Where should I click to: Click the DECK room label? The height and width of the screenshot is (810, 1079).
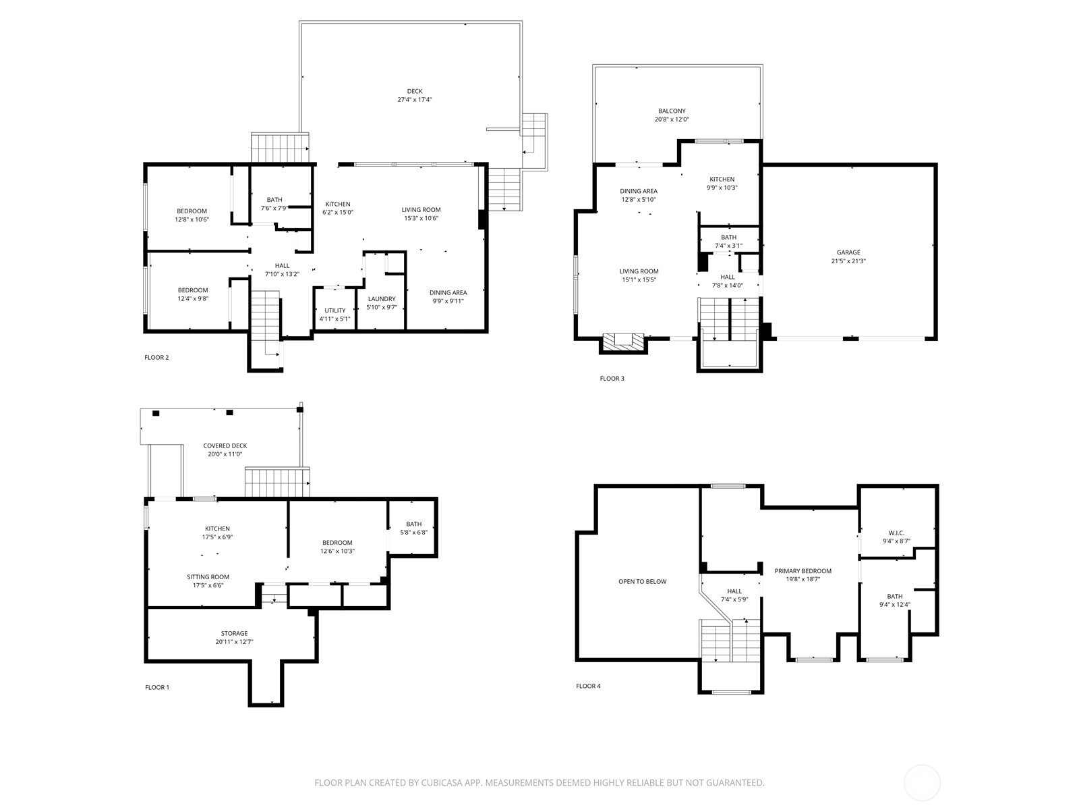[x=414, y=91]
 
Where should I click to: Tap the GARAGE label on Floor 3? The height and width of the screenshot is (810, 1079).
[x=848, y=252]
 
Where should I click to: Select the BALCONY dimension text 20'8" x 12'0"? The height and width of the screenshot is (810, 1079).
[x=672, y=119]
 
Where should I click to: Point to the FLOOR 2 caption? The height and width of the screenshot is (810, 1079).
[x=156, y=358]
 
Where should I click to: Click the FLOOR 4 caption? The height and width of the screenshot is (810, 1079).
[x=589, y=686]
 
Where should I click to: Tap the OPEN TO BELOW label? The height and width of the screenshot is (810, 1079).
[x=643, y=581]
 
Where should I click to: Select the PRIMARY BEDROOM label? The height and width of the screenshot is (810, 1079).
[x=803, y=571]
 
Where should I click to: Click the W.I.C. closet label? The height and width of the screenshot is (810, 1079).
[x=897, y=533]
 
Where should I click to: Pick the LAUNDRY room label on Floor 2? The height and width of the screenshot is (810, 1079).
[x=382, y=298]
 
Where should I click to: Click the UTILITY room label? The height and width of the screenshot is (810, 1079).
[x=334, y=310]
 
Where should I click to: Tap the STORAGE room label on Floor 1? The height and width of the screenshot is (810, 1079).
[x=234, y=633]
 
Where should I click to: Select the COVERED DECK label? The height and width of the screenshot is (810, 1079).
[x=225, y=446]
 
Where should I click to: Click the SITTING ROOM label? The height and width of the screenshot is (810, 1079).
[x=208, y=577]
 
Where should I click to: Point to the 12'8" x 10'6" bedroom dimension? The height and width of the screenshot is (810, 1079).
[x=192, y=219]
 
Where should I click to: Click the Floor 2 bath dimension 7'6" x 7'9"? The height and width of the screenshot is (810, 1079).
[x=274, y=208]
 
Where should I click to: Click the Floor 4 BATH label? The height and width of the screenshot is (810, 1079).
[x=895, y=597]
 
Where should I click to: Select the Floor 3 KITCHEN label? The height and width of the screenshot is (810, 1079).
[x=722, y=179]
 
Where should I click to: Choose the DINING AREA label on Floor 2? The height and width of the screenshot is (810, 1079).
[x=448, y=293]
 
